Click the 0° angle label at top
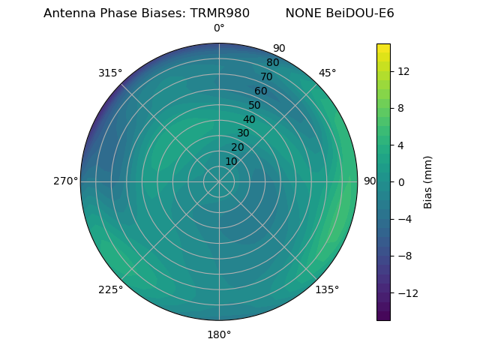(219, 28)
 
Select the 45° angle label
(327, 73)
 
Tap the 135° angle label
(327, 289)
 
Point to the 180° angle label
(219, 334)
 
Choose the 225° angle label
(110, 289)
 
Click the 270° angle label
(65, 181)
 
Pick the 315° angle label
(110, 73)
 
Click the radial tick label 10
(232, 161)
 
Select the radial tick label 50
(255, 105)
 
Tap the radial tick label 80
(273, 63)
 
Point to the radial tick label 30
(243, 133)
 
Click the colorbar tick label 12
(403, 71)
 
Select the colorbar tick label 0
(400, 181)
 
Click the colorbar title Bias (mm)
(428, 181)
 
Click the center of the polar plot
(219, 181)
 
